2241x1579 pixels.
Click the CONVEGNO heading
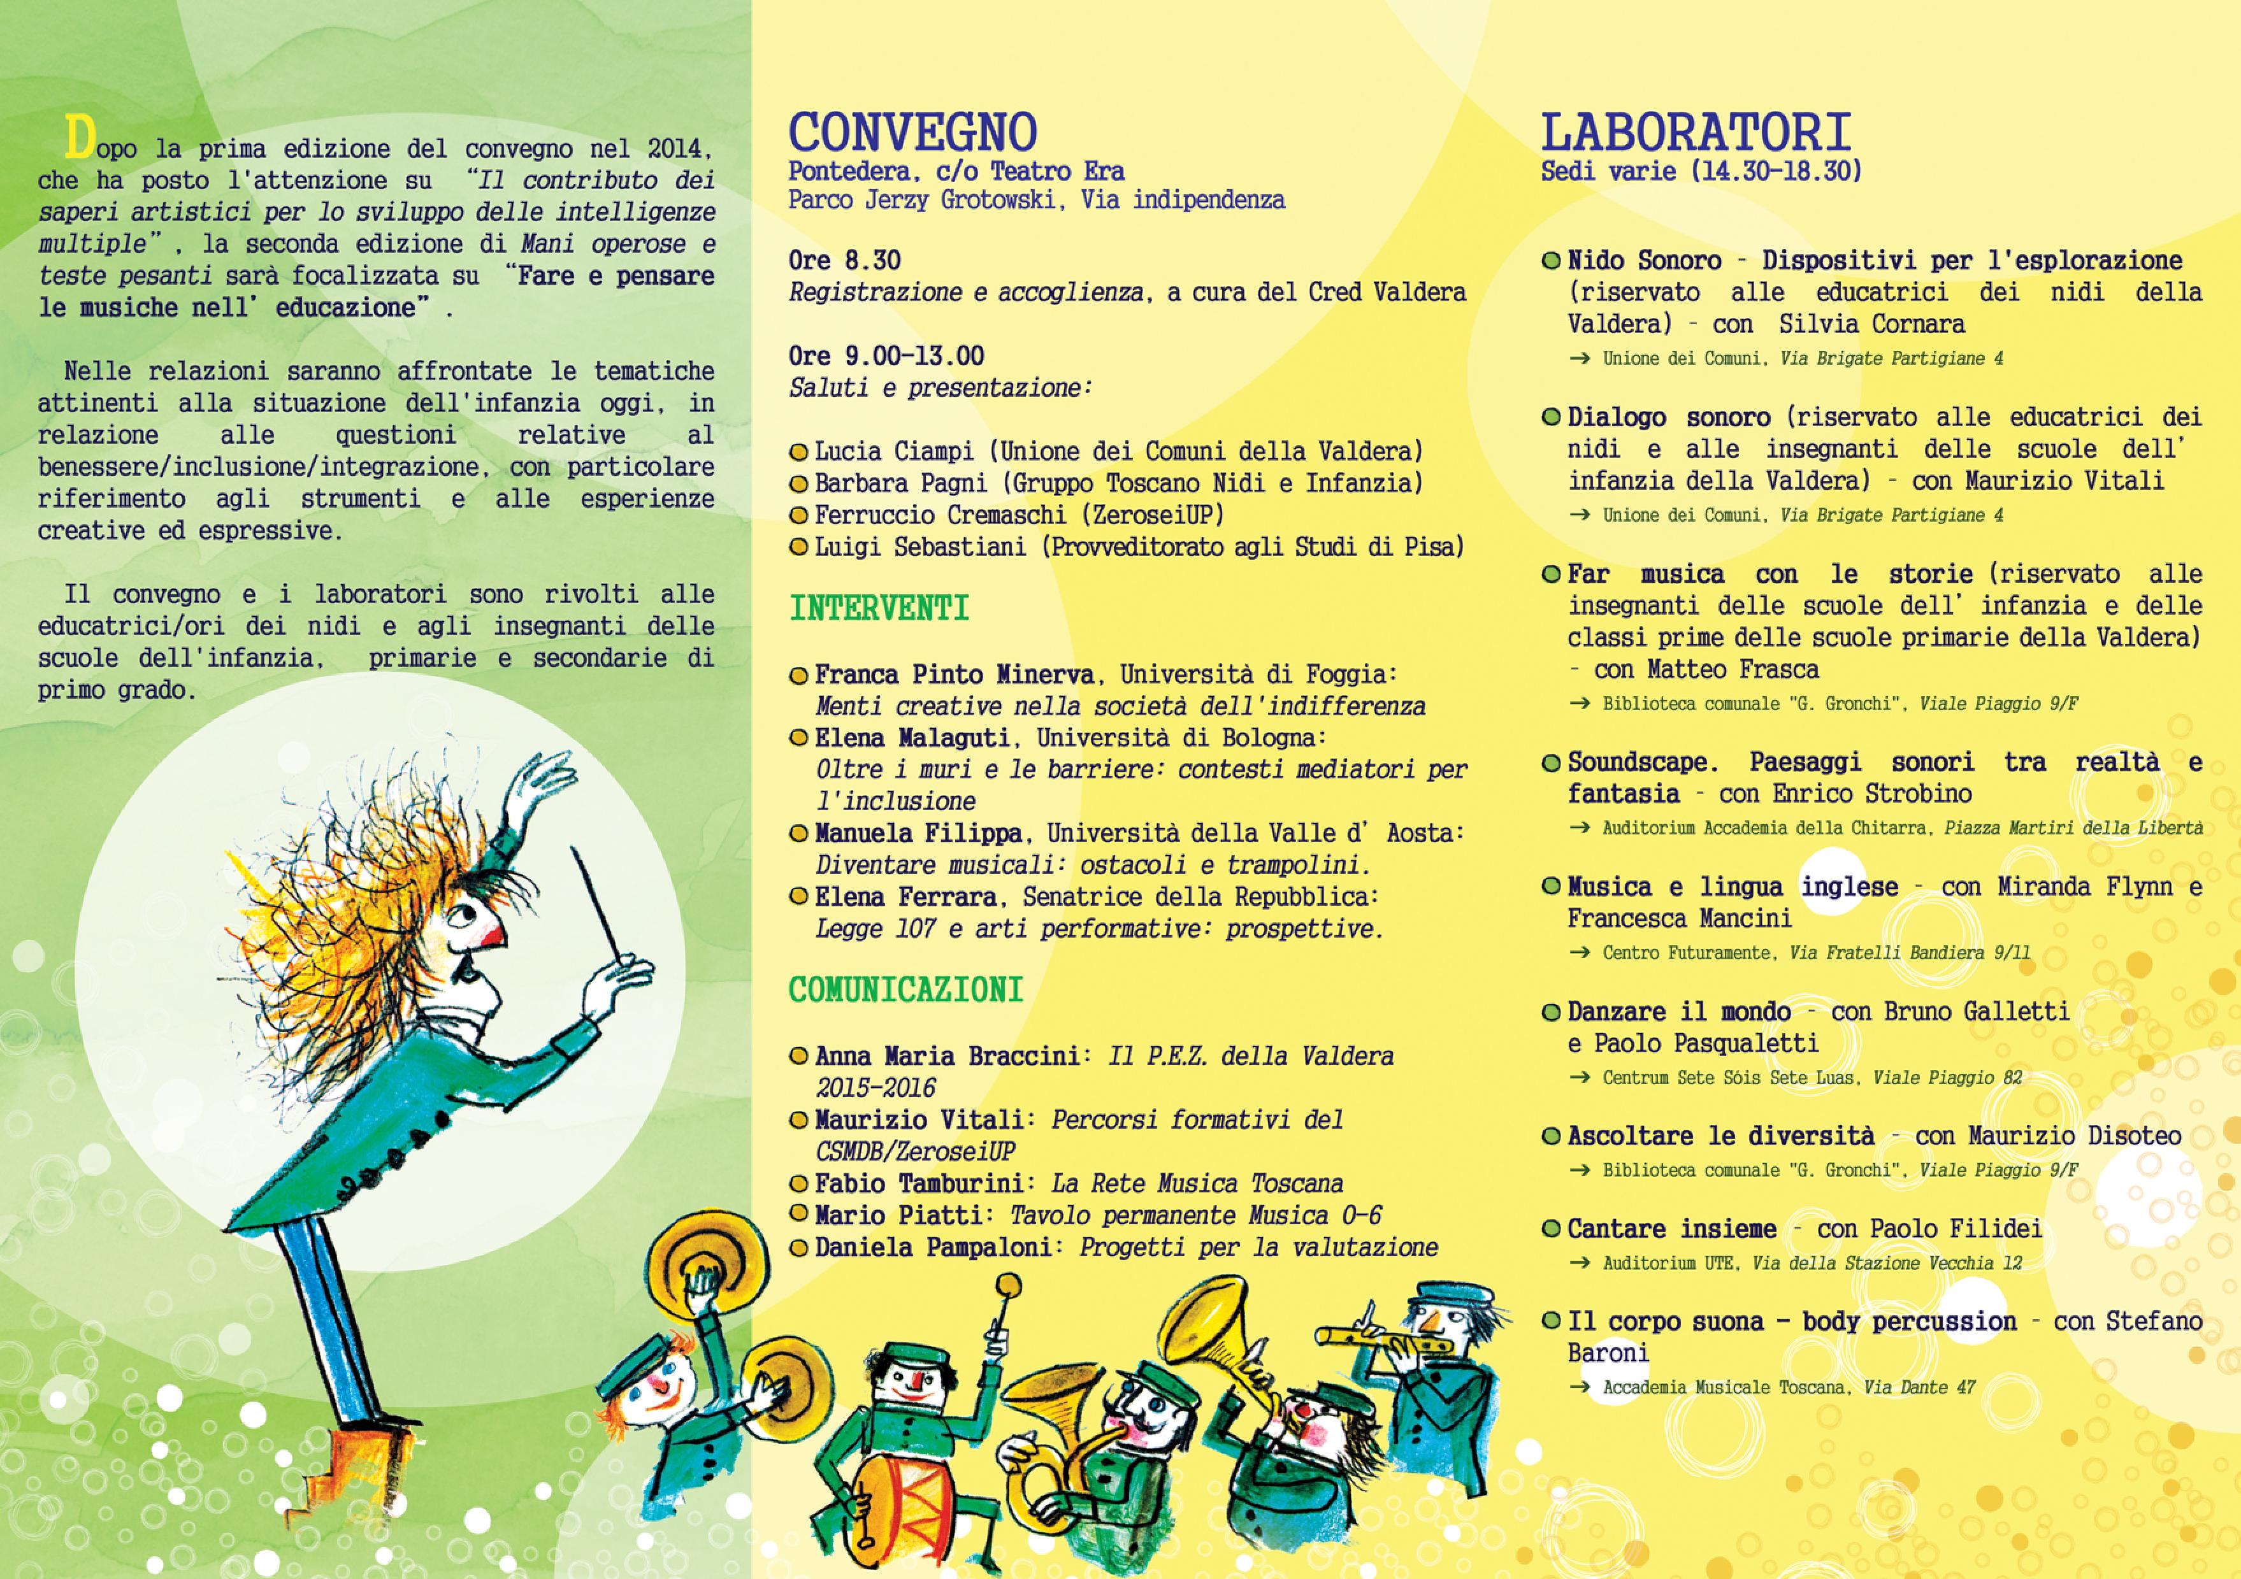[x=912, y=132]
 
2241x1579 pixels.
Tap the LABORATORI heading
[x=1696, y=132]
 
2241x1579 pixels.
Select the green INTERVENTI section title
[x=879, y=609]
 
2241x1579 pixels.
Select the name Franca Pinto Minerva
[x=954, y=675]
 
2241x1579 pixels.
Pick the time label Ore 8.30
[x=844, y=261]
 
